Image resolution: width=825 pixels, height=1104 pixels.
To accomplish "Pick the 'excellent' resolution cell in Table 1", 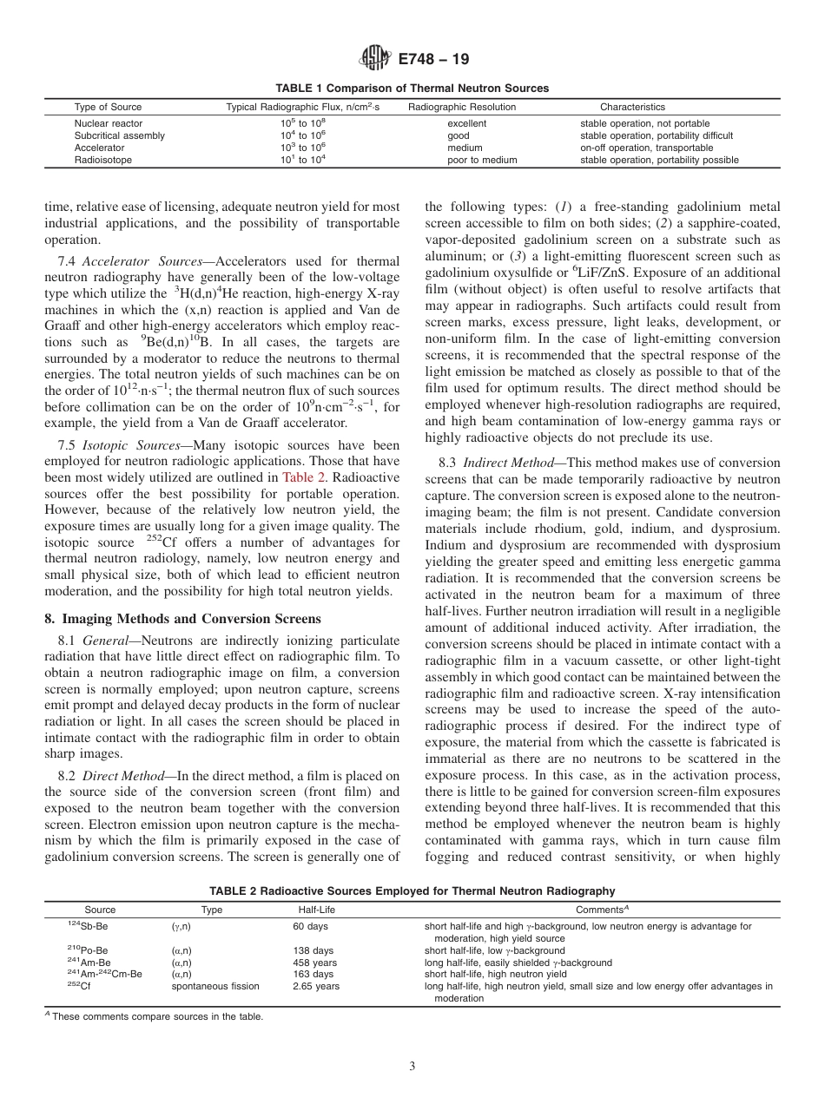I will click(x=466, y=123).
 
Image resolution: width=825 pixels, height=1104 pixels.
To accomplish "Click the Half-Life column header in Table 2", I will click(x=316, y=910).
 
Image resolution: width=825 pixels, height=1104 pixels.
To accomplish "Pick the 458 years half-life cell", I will click(x=314, y=962).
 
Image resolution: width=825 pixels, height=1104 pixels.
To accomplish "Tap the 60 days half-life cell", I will click(x=310, y=927).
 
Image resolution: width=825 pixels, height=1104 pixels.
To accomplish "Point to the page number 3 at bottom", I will click(x=412, y=1066).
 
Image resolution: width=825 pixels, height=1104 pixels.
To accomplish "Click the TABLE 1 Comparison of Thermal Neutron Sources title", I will click(x=412, y=89).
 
